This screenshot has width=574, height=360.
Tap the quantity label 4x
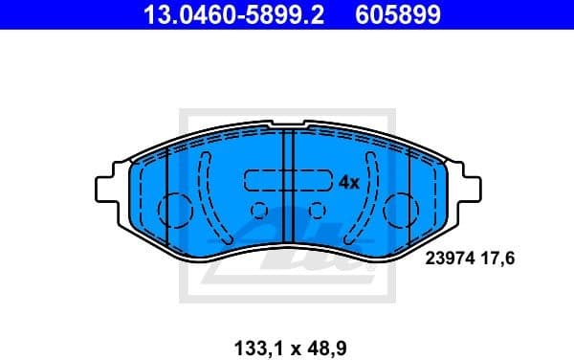[348, 181]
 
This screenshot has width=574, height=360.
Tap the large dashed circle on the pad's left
[175, 210]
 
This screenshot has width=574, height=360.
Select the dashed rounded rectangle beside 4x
[286, 180]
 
